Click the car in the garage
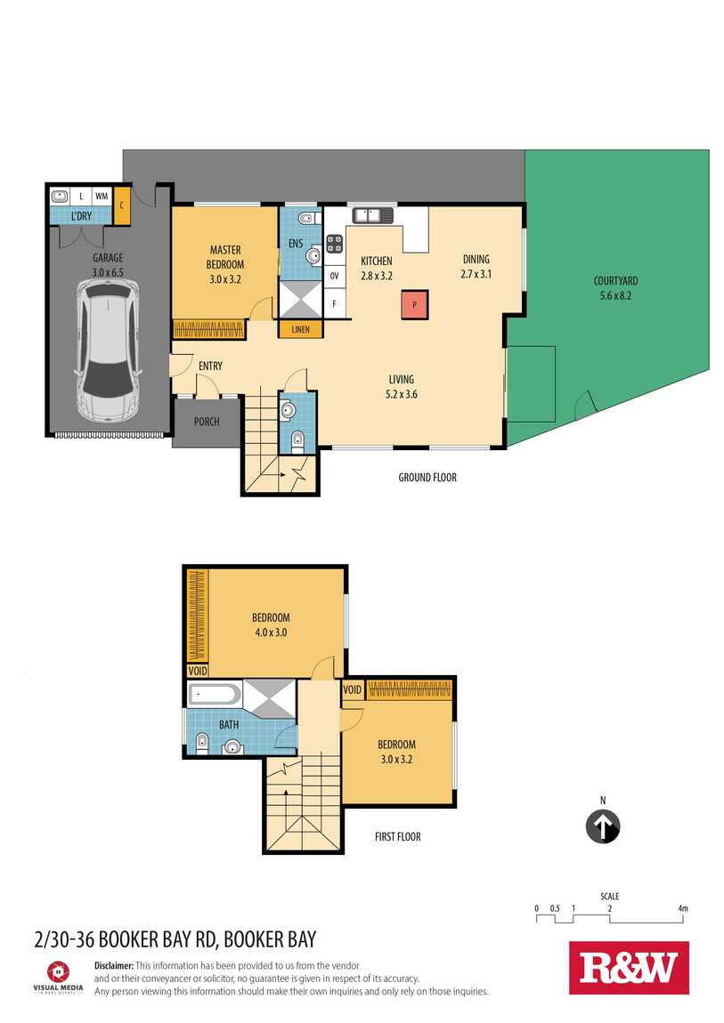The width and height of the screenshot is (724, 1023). [109, 350]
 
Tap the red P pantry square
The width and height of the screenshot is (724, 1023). [415, 305]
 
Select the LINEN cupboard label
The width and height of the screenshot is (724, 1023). [301, 329]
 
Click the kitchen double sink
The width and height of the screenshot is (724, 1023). [373, 214]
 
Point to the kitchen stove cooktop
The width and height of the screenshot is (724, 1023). [334, 244]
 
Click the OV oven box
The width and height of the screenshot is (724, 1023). [334, 276]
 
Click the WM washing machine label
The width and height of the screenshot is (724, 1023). [102, 196]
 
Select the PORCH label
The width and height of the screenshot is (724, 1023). [207, 422]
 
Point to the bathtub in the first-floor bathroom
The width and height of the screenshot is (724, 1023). [215, 694]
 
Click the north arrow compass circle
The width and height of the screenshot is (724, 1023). [603, 826]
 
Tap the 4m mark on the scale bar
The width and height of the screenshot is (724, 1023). [683, 908]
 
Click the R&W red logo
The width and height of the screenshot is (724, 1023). [629, 968]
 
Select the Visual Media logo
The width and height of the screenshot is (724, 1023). [58, 977]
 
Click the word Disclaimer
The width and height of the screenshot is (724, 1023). [114, 965]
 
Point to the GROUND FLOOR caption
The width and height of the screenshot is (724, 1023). [427, 478]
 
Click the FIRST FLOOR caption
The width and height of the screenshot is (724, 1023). [397, 836]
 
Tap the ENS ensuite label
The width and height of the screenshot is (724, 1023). [296, 244]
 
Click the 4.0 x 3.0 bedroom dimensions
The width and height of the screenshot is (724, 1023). [271, 632]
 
